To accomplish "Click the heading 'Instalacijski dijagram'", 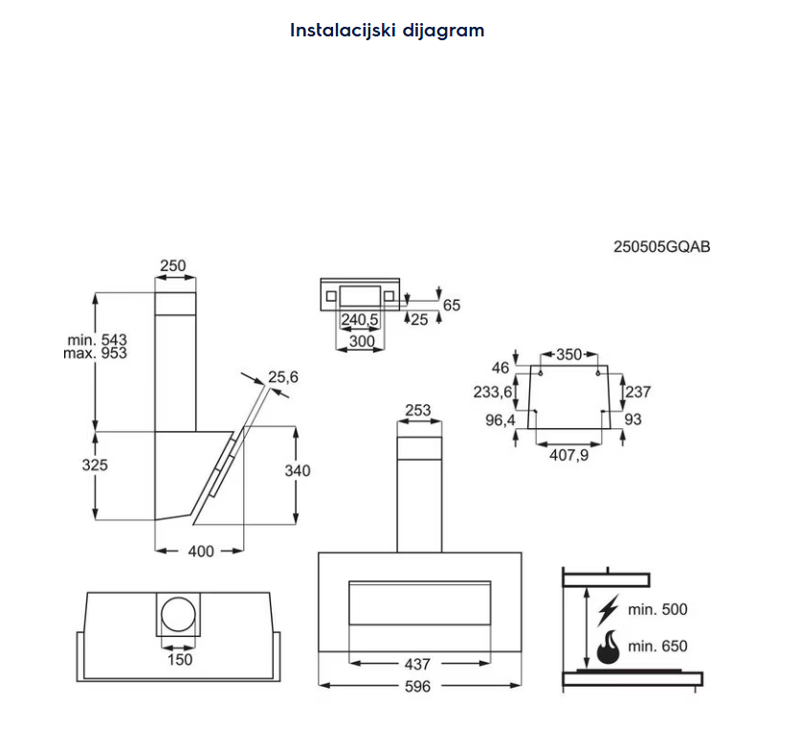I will pyautogui.click(x=388, y=30).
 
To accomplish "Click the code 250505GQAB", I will pyautogui.click(x=661, y=246).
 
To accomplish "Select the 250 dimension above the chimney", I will pyautogui.click(x=173, y=265).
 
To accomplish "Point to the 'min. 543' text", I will pyautogui.click(x=98, y=339).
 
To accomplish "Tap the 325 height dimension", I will pyautogui.click(x=95, y=465).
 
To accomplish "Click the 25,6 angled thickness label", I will pyautogui.click(x=282, y=377).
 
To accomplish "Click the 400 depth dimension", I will pyautogui.click(x=201, y=551).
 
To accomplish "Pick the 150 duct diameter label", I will pyautogui.click(x=179, y=659).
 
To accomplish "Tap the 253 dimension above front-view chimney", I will pyautogui.click(x=418, y=410).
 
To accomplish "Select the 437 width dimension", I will pyautogui.click(x=417, y=663).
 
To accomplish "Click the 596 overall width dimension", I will pyautogui.click(x=418, y=686).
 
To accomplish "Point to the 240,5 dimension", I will pyautogui.click(x=360, y=320).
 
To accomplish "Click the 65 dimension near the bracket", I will pyautogui.click(x=452, y=305).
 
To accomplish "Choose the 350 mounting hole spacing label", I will pyautogui.click(x=568, y=354).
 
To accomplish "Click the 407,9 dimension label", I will pyautogui.click(x=568, y=454).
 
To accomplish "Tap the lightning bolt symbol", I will pyautogui.click(x=607, y=610).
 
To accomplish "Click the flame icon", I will pyautogui.click(x=607, y=646).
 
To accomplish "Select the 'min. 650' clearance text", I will pyautogui.click(x=657, y=646).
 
